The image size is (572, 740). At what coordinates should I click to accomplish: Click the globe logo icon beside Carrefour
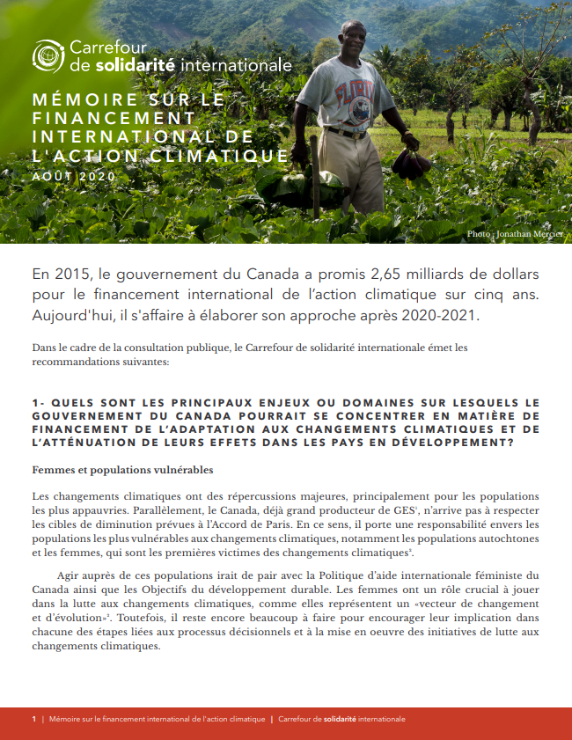49,55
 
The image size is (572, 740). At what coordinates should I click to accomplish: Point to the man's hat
352,27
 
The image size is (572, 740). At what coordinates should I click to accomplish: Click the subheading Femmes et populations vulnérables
122,469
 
